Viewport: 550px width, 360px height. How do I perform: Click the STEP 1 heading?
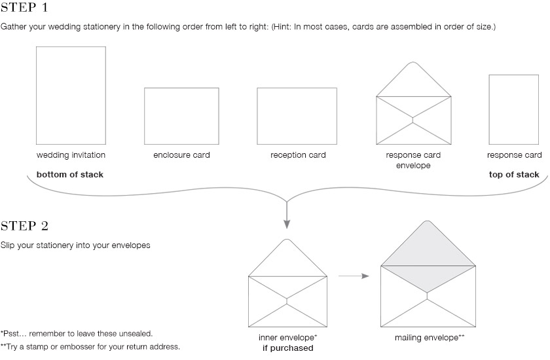(x=24, y=7)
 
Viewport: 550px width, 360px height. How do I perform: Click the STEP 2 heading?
(x=24, y=226)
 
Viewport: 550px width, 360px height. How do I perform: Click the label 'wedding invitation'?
(x=71, y=155)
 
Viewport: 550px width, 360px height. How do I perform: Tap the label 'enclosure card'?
(x=182, y=155)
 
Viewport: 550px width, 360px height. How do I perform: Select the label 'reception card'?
(x=298, y=155)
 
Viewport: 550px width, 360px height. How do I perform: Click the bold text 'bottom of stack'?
(x=70, y=175)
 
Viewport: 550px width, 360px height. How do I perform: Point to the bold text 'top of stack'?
(x=514, y=175)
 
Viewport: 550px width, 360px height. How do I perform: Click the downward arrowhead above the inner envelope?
(x=287, y=224)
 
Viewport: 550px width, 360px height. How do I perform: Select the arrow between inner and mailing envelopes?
(x=354, y=276)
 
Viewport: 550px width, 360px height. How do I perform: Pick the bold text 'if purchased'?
(x=288, y=348)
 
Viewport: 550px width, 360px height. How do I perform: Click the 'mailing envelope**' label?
(x=430, y=338)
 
